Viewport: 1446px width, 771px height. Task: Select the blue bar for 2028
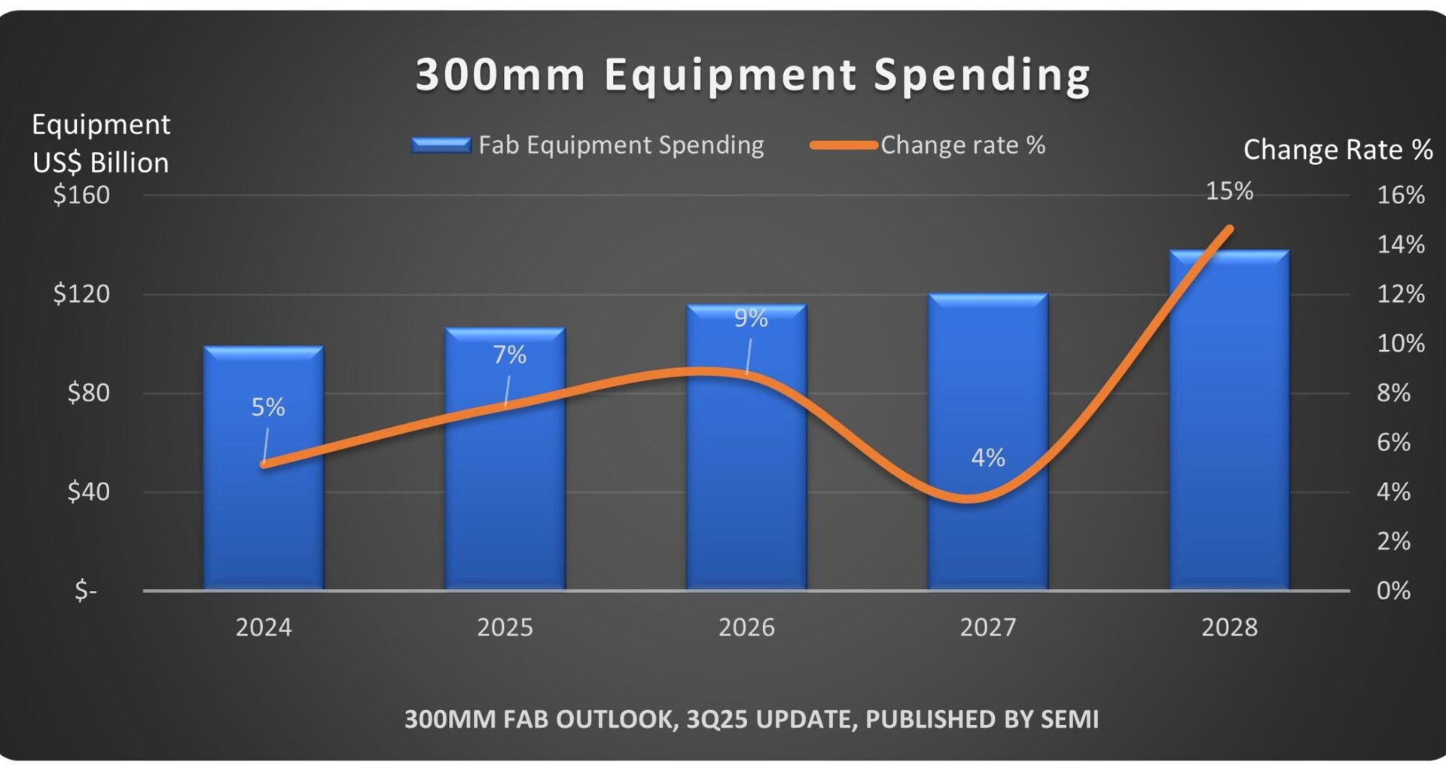1229,452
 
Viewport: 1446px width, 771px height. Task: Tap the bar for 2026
746,489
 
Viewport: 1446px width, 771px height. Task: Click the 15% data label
1229,191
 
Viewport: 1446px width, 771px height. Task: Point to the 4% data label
987,457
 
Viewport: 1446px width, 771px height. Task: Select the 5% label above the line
268,407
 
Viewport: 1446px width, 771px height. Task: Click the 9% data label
751,318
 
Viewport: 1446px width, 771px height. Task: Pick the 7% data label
509,355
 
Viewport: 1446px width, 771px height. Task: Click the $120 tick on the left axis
81,294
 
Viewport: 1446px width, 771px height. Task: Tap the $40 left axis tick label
88,492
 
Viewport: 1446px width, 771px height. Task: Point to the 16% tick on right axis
1400,195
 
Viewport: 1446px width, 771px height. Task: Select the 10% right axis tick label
1400,343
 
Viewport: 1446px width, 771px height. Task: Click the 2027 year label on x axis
987,627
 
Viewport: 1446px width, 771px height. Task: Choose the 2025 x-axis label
505,627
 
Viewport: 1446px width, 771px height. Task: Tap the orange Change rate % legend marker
843,145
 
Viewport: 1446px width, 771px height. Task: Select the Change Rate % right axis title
1337,149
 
